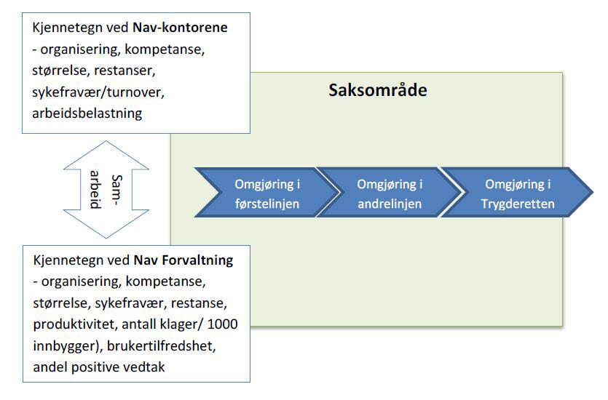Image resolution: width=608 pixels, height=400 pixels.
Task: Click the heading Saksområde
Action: (x=377, y=92)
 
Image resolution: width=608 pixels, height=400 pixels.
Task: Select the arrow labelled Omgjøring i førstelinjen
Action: (x=267, y=193)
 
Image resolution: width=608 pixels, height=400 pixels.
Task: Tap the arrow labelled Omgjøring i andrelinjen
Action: (x=389, y=193)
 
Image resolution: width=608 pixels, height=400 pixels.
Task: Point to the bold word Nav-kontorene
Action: (x=181, y=28)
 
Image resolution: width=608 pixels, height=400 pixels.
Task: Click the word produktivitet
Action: (x=74, y=323)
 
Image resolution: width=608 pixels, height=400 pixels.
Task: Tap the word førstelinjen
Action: (x=267, y=204)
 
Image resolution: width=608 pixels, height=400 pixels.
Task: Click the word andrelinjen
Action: (x=389, y=204)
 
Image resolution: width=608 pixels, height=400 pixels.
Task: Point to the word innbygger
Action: (x=63, y=345)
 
